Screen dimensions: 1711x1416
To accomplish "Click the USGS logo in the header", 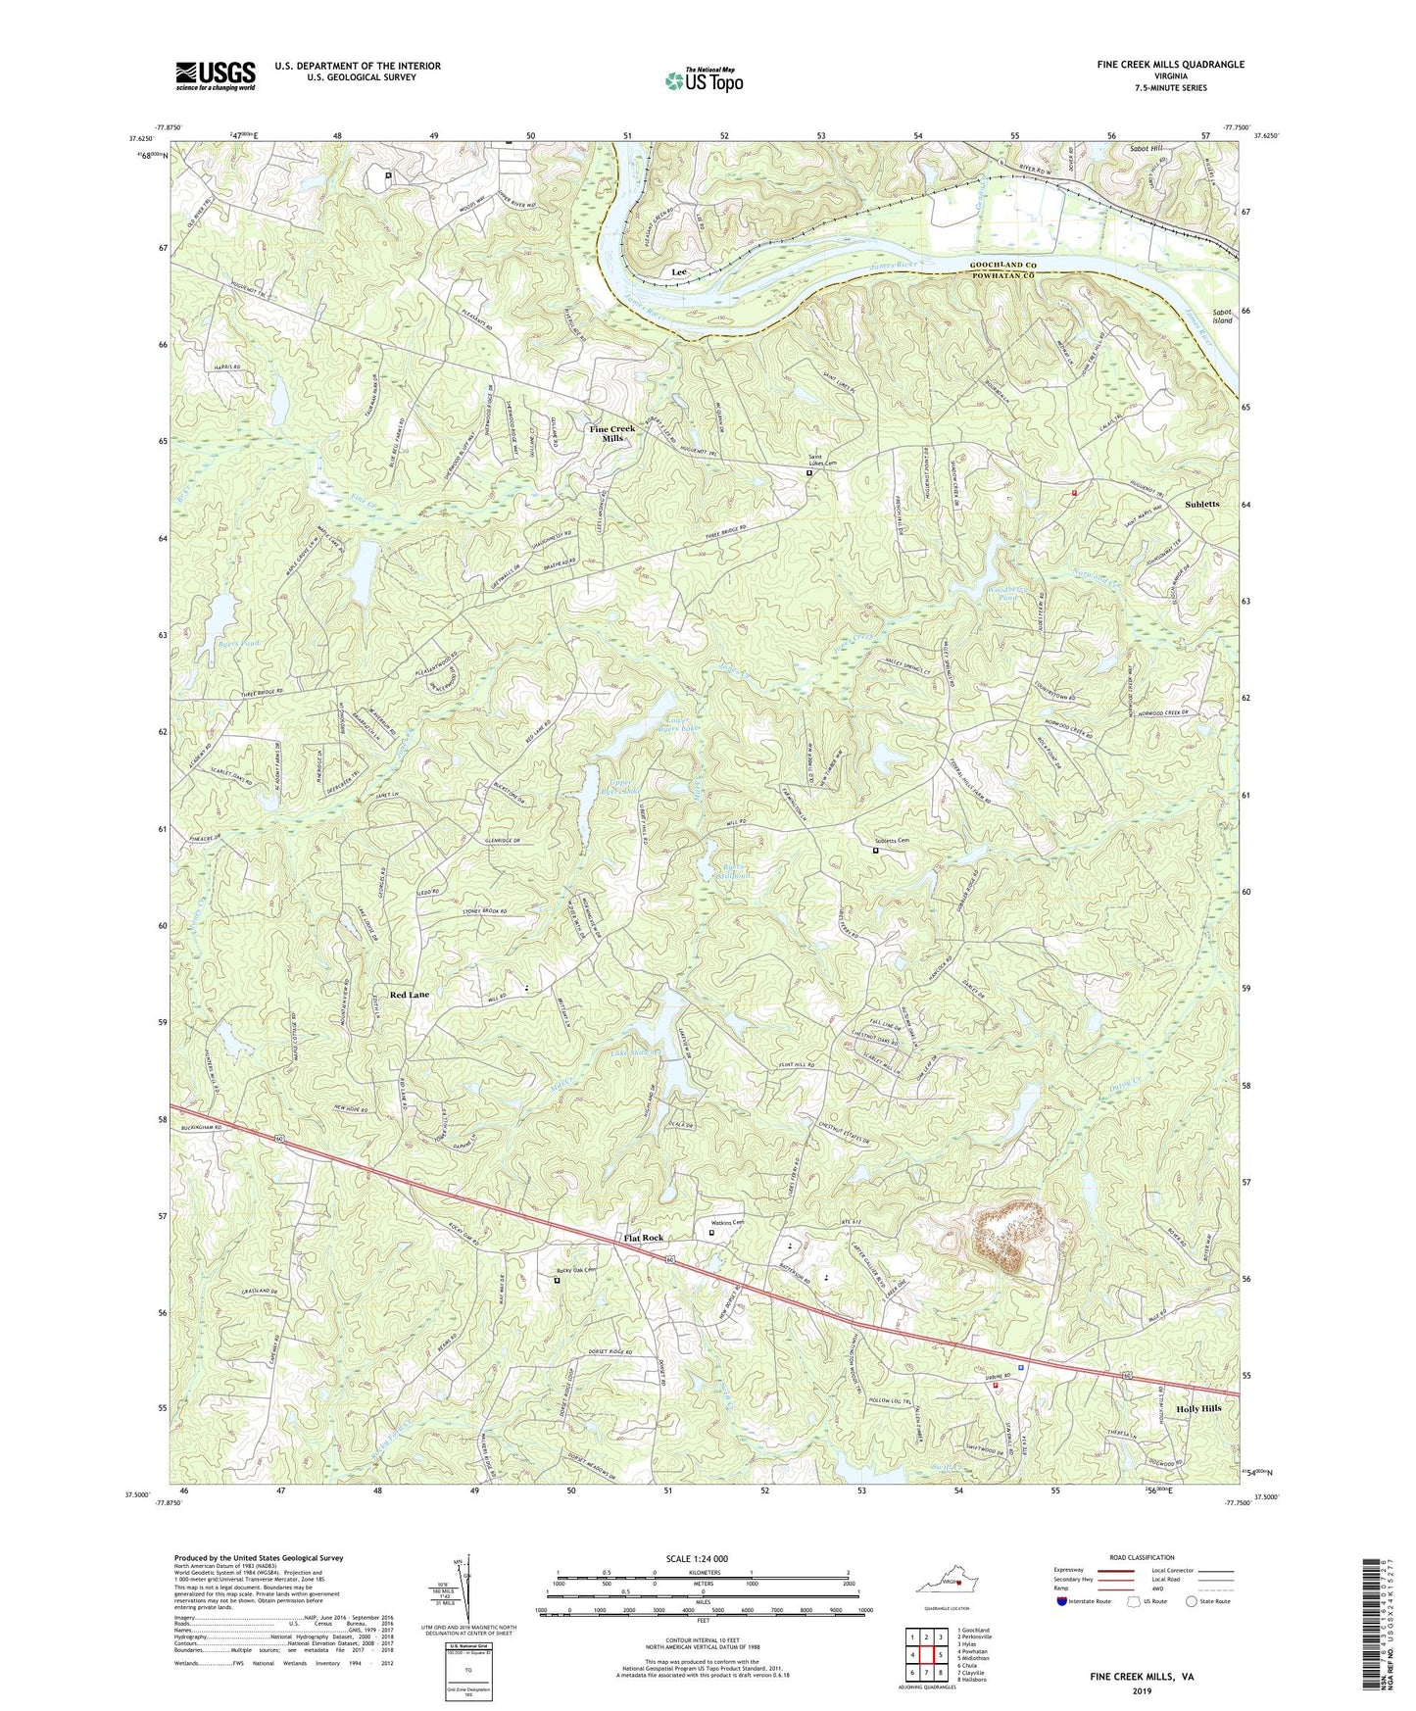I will click(x=216, y=75).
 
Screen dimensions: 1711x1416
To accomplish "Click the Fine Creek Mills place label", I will click(x=611, y=433).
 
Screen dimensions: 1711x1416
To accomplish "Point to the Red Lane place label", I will click(x=410, y=995).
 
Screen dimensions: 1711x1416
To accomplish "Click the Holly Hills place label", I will click(x=1198, y=1408).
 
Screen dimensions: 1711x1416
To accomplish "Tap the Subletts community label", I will click(x=1202, y=504).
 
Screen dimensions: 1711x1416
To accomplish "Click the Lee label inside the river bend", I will click(x=678, y=271).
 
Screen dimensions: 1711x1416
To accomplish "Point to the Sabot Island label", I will click(x=1221, y=316).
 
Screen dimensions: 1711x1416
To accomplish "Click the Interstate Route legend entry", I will click(x=1084, y=1601).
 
